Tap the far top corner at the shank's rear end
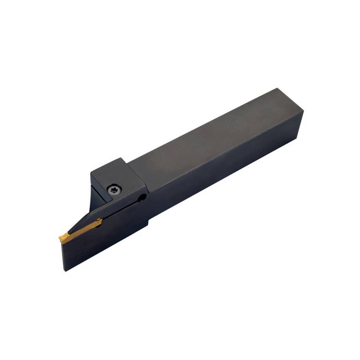click(277, 89)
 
